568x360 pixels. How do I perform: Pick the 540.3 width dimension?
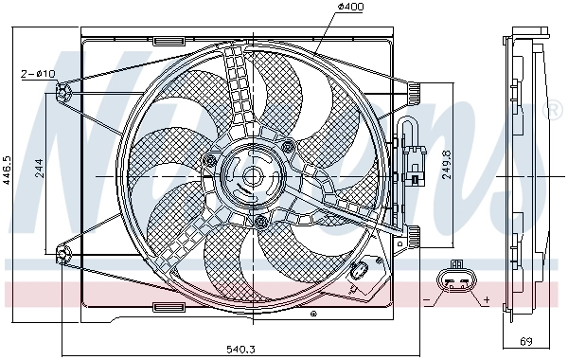pyautogui.click(x=240, y=349)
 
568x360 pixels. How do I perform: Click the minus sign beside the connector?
pyautogui.click(x=426, y=299)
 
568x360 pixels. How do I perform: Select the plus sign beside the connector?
pyautogui.click(x=486, y=299)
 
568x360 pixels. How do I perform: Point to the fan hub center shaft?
pyautogui.click(x=252, y=175)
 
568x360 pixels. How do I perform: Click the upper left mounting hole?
pyautogui.click(x=63, y=91)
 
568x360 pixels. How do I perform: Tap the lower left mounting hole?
pyautogui.click(x=63, y=253)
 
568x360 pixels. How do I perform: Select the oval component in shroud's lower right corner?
pyautogui.click(x=359, y=275)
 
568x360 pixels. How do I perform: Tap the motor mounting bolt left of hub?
pyautogui.click(x=208, y=162)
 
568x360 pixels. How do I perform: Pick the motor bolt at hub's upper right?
pyautogui.click(x=287, y=145)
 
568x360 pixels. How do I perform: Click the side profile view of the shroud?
pyautogui.click(x=521, y=175)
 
